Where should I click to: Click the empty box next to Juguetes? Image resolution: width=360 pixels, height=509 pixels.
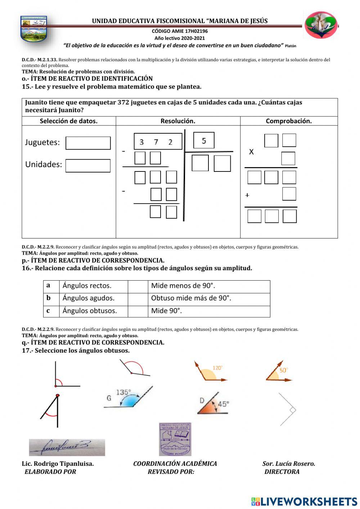click(88, 143)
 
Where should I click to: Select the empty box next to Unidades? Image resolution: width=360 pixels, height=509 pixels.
click(88, 166)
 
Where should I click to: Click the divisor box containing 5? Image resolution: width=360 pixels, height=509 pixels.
click(204, 140)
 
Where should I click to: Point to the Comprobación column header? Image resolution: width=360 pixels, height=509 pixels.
click(289, 121)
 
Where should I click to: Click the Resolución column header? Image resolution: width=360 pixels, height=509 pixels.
click(178, 121)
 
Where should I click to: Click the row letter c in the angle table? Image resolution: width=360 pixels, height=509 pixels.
click(48, 311)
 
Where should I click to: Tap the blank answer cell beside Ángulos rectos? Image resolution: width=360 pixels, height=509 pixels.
click(138, 286)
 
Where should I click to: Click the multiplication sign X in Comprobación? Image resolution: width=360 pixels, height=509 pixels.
click(251, 152)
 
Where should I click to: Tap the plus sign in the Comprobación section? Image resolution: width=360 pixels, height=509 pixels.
click(247, 195)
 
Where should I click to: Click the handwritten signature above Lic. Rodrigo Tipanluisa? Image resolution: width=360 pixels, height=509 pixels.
click(67, 447)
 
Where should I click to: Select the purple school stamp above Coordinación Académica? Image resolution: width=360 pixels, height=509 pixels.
click(175, 439)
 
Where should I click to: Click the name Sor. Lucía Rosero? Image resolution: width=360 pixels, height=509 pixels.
click(289, 464)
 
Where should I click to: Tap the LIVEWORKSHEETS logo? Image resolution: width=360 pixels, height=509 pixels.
click(304, 501)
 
